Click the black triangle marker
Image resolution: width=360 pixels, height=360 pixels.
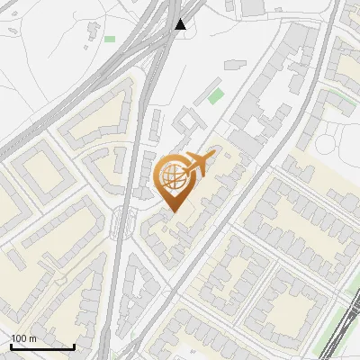click(182, 24)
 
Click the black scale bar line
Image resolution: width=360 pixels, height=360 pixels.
click(41, 346)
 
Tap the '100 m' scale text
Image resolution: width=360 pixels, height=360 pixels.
click(22, 338)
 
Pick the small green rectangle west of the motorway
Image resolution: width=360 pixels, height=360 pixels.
click(110, 39)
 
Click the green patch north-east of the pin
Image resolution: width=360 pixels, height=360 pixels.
click(216, 95)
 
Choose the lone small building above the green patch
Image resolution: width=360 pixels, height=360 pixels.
click(235, 65)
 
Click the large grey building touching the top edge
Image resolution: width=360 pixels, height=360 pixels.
click(251, 6)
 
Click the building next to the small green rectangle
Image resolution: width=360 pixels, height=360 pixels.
click(94, 34)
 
